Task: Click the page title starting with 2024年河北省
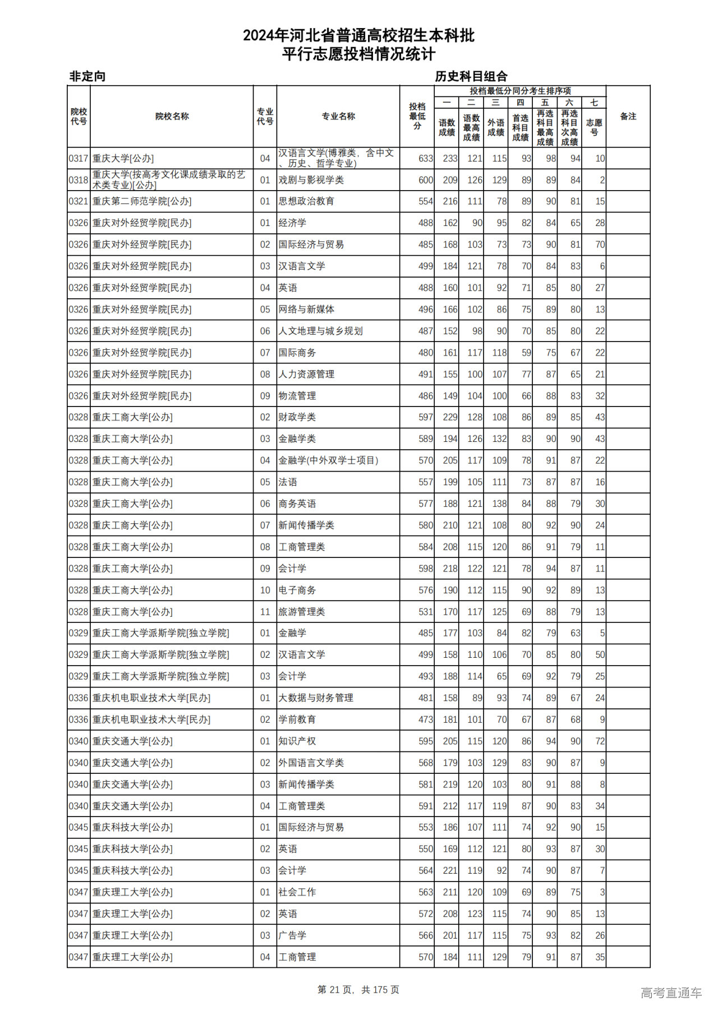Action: pyautogui.click(x=359, y=36)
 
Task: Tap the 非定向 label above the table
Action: pyautogui.click(x=88, y=76)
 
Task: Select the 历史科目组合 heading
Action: pyautogui.click(x=471, y=76)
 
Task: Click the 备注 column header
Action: pyautogui.click(x=628, y=116)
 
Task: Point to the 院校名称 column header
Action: pyautogui.click(x=172, y=116)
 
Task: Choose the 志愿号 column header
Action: pyautogui.click(x=594, y=127)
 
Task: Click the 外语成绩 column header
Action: pyautogui.click(x=496, y=127)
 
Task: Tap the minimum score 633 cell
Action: pyautogui.click(x=425, y=159)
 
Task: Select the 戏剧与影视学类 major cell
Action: pyautogui.click(x=311, y=180)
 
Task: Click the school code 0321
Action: pyautogui.click(x=79, y=201)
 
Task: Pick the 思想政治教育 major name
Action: pyautogui.click(x=306, y=201)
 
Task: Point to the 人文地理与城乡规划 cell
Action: pyautogui.click(x=320, y=331)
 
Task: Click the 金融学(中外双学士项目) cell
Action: pyautogui.click(x=328, y=460)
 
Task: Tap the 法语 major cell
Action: pyautogui.click(x=288, y=482)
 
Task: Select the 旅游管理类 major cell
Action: pyautogui.click(x=302, y=612)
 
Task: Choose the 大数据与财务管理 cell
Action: pyautogui.click(x=316, y=698)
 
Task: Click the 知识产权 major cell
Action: pyautogui.click(x=297, y=741)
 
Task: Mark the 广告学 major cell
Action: pyautogui.click(x=292, y=935)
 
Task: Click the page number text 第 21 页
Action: pyautogui.click(x=335, y=990)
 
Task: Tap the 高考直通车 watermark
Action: pyautogui.click(x=671, y=993)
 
